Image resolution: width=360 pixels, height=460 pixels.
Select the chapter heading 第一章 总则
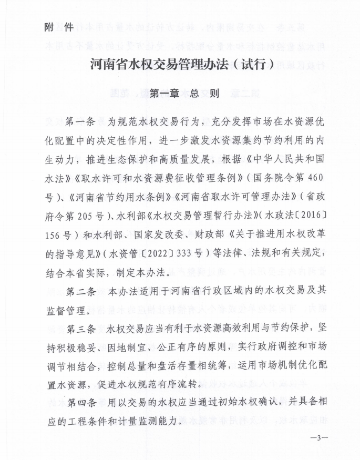180,94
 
